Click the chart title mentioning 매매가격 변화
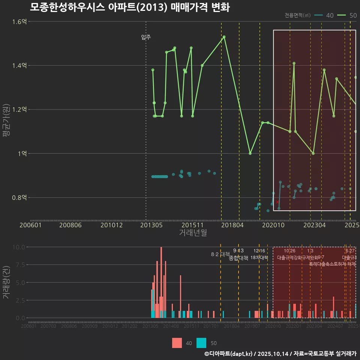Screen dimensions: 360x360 click(129, 7)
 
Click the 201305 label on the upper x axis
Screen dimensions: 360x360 click(151, 225)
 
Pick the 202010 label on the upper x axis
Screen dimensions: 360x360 click(273, 225)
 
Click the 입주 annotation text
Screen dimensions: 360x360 click(146, 37)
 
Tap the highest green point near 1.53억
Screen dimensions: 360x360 click(224, 37)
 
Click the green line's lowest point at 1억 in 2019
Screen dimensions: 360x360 click(250, 153)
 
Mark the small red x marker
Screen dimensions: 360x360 click(277, 202)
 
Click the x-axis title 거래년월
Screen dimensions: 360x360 click(193, 232)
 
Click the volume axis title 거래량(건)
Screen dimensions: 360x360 click(6, 282)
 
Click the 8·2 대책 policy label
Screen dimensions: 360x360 click(220, 254)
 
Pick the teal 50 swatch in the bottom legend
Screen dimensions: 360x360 click(201, 343)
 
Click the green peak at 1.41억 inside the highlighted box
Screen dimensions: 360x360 click(294, 63)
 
